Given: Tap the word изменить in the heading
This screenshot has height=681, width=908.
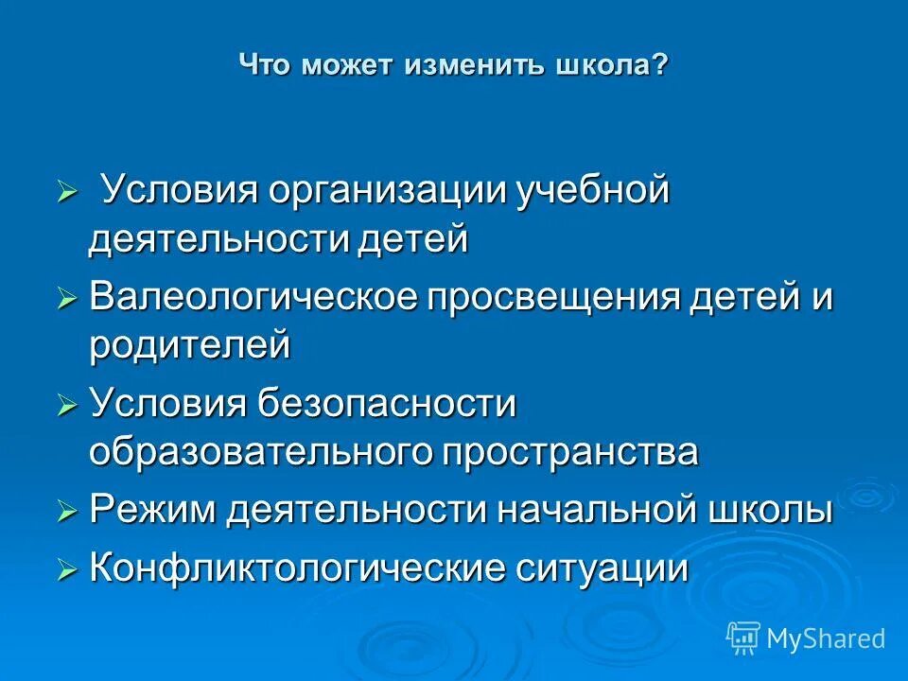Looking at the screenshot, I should (475, 66).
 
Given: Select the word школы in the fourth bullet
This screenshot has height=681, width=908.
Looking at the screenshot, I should (771, 511).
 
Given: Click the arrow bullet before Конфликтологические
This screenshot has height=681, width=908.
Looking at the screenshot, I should (66, 570).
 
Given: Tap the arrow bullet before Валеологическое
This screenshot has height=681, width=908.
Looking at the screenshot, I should (66, 300).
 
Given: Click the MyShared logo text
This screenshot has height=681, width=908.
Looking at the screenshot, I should (826, 638).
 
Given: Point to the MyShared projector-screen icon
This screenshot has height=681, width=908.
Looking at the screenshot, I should (743, 637).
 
